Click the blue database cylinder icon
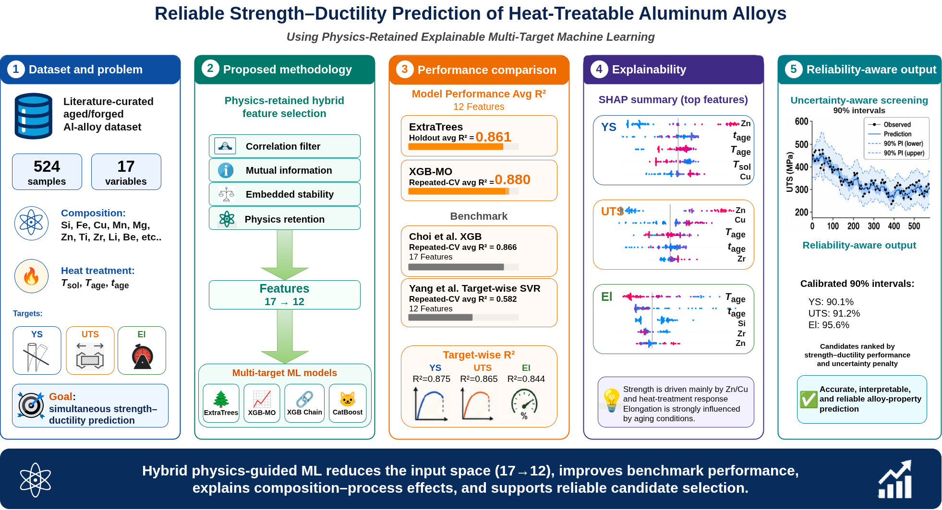(x=34, y=116)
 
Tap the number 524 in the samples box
(x=47, y=166)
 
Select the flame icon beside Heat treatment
(x=31, y=276)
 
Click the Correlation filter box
(x=284, y=146)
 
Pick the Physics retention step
(x=284, y=218)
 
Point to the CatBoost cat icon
(x=347, y=399)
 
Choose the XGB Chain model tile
(x=304, y=403)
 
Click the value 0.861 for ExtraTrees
(x=493, y=137)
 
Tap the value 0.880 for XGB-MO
(x=512, y=179)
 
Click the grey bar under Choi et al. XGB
(x=456, y=267)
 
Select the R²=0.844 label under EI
(x=526, y=379)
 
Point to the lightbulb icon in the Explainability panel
(x=611, y=400)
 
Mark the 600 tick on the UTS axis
(x=802, y=121)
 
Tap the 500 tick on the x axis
(x=914, y=226)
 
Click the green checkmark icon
(x=809, y=399)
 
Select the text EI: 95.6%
(x=829, y=325)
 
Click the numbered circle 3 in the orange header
(x=405, y=69)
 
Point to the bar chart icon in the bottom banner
(x=895, y=479)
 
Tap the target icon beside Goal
(x=31, y=405)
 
